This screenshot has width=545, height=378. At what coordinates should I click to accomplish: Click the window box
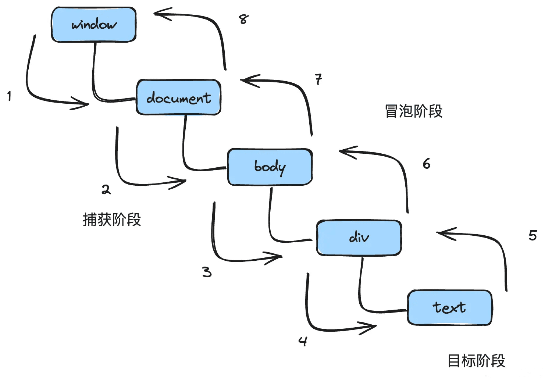point(94,25)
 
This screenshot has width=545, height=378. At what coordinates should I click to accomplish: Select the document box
point(179,97)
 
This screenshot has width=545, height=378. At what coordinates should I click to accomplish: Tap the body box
point(270,167)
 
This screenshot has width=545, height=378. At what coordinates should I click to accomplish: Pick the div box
point(359,238)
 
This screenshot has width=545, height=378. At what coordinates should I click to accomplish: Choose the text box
point(449,307)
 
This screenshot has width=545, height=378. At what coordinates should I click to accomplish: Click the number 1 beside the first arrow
point(9,96)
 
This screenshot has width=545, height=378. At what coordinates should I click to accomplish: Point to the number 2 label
point(106,190)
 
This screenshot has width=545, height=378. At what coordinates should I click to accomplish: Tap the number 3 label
point(207,272)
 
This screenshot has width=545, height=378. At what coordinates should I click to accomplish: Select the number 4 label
point(303,341)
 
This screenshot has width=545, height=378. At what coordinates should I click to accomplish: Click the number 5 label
point(533,235)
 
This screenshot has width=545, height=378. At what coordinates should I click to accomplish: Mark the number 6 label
point(426,164)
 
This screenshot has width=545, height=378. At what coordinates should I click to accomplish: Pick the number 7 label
point(318,79)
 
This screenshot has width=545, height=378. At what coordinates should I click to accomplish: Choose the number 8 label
point(243,19)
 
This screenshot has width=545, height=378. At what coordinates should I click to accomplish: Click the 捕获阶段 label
point(112,220)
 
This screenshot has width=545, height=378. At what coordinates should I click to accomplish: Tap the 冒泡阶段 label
point(413,111)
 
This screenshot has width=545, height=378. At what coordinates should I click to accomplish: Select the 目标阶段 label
point(476,361)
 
